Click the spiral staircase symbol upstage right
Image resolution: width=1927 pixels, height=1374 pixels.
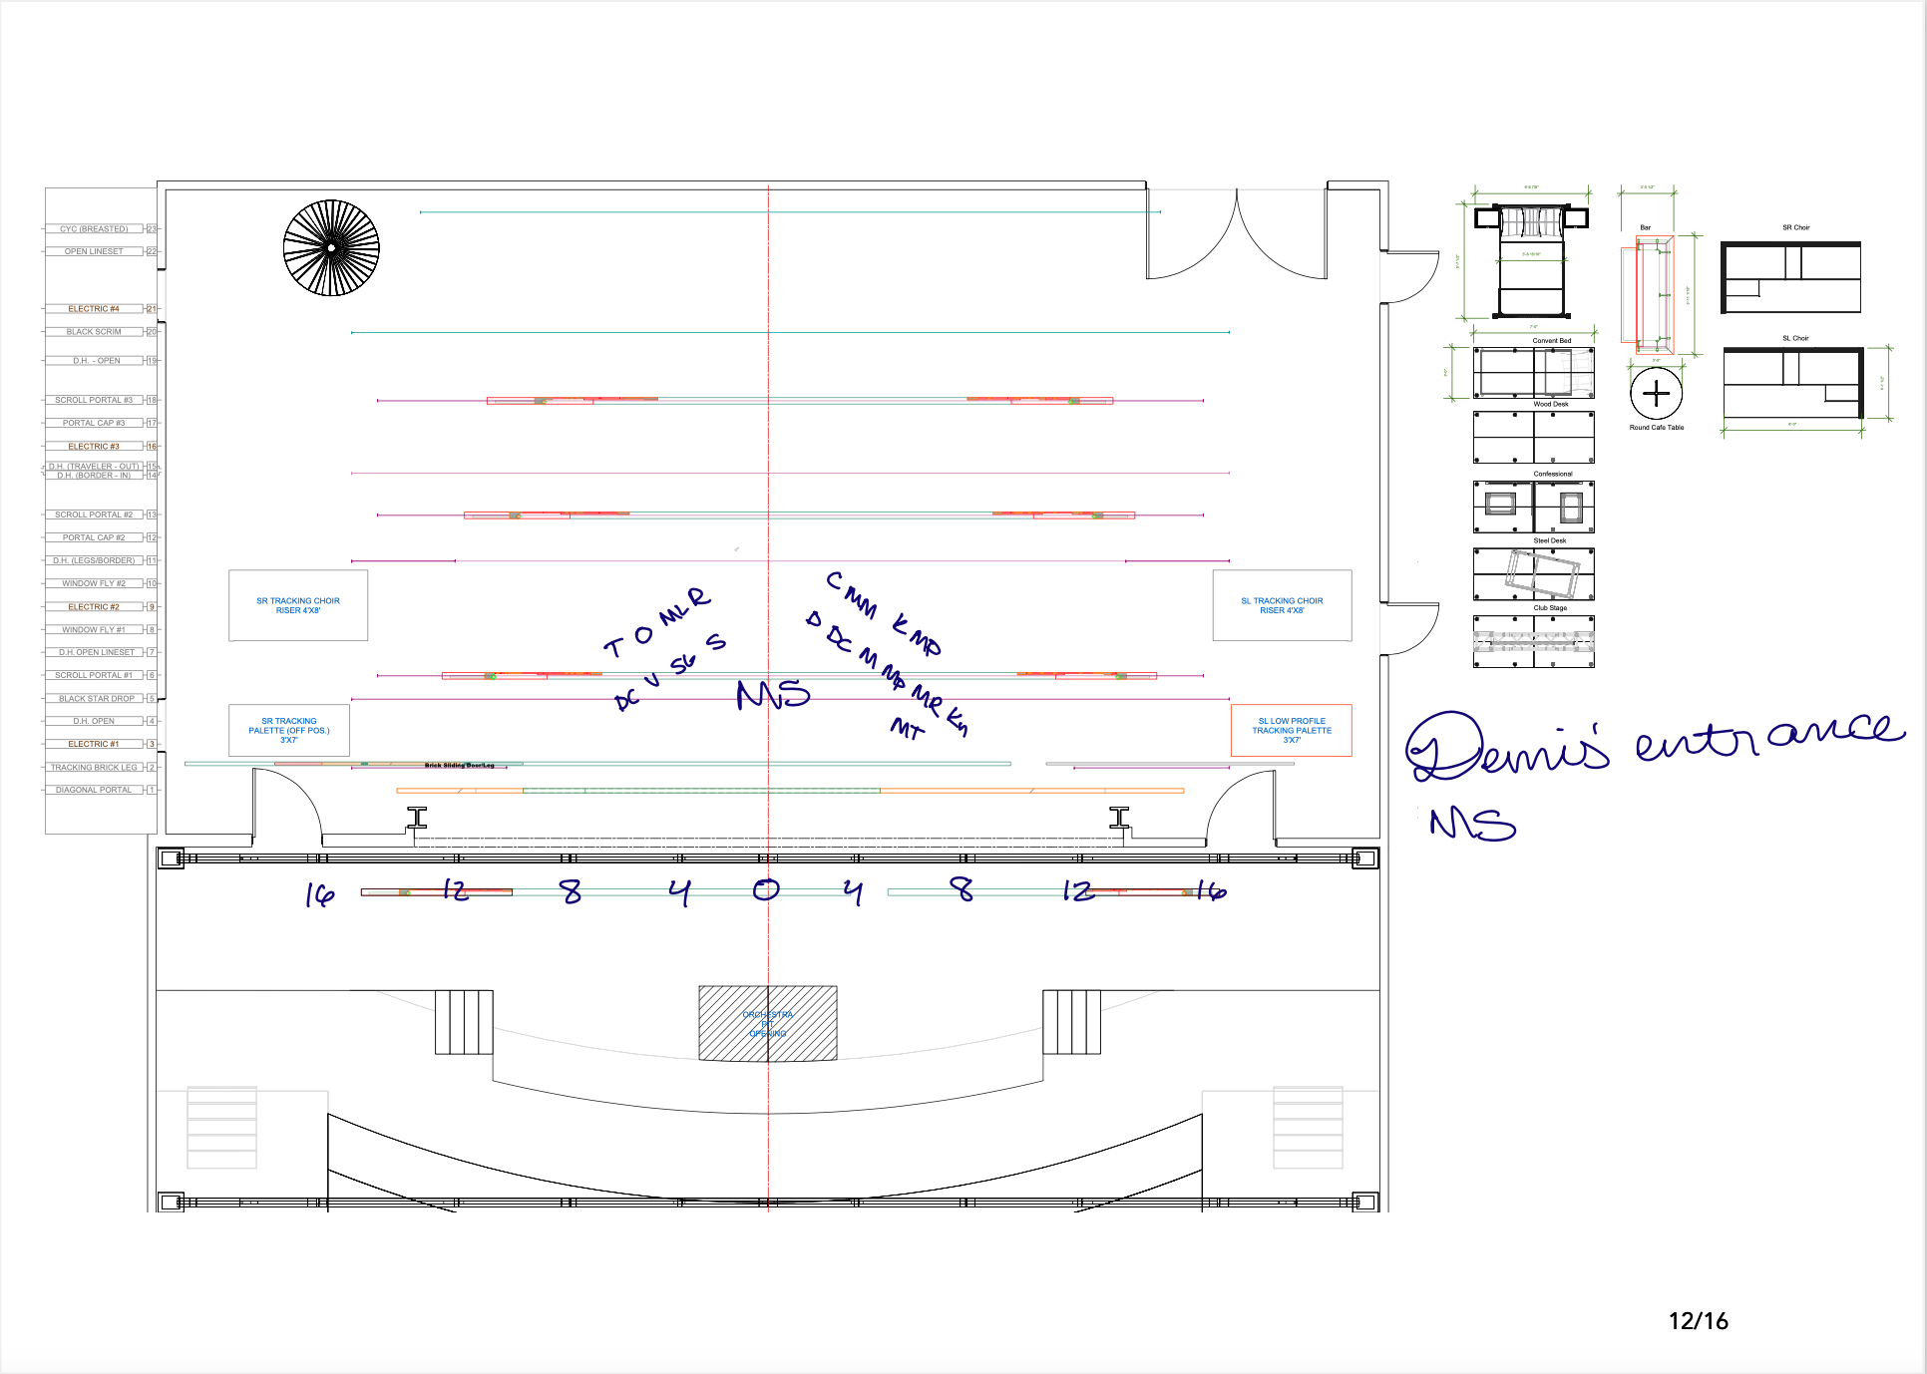331,248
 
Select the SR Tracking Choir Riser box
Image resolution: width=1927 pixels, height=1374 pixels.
298,605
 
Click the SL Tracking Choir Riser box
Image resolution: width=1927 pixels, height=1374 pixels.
1282,605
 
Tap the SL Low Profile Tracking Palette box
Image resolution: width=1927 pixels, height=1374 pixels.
1292,731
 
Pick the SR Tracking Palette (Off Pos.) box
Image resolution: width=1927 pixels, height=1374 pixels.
289,731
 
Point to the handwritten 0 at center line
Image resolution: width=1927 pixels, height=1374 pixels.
766,889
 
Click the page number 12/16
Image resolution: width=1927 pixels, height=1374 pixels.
1698,1321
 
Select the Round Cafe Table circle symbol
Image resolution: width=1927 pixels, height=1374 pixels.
1656,394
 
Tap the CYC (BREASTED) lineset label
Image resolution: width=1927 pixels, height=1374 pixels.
94,229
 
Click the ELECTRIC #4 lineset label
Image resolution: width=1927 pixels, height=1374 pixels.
94,309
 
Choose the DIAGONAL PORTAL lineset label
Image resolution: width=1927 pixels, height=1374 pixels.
94,790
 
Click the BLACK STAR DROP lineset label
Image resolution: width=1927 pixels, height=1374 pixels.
96,699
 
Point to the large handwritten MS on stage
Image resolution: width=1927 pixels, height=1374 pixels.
773,694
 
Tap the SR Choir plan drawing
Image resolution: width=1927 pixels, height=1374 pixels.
1791,278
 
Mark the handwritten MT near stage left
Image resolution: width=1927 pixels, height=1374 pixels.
907,729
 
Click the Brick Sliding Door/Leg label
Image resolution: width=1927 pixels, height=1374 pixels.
459,766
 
